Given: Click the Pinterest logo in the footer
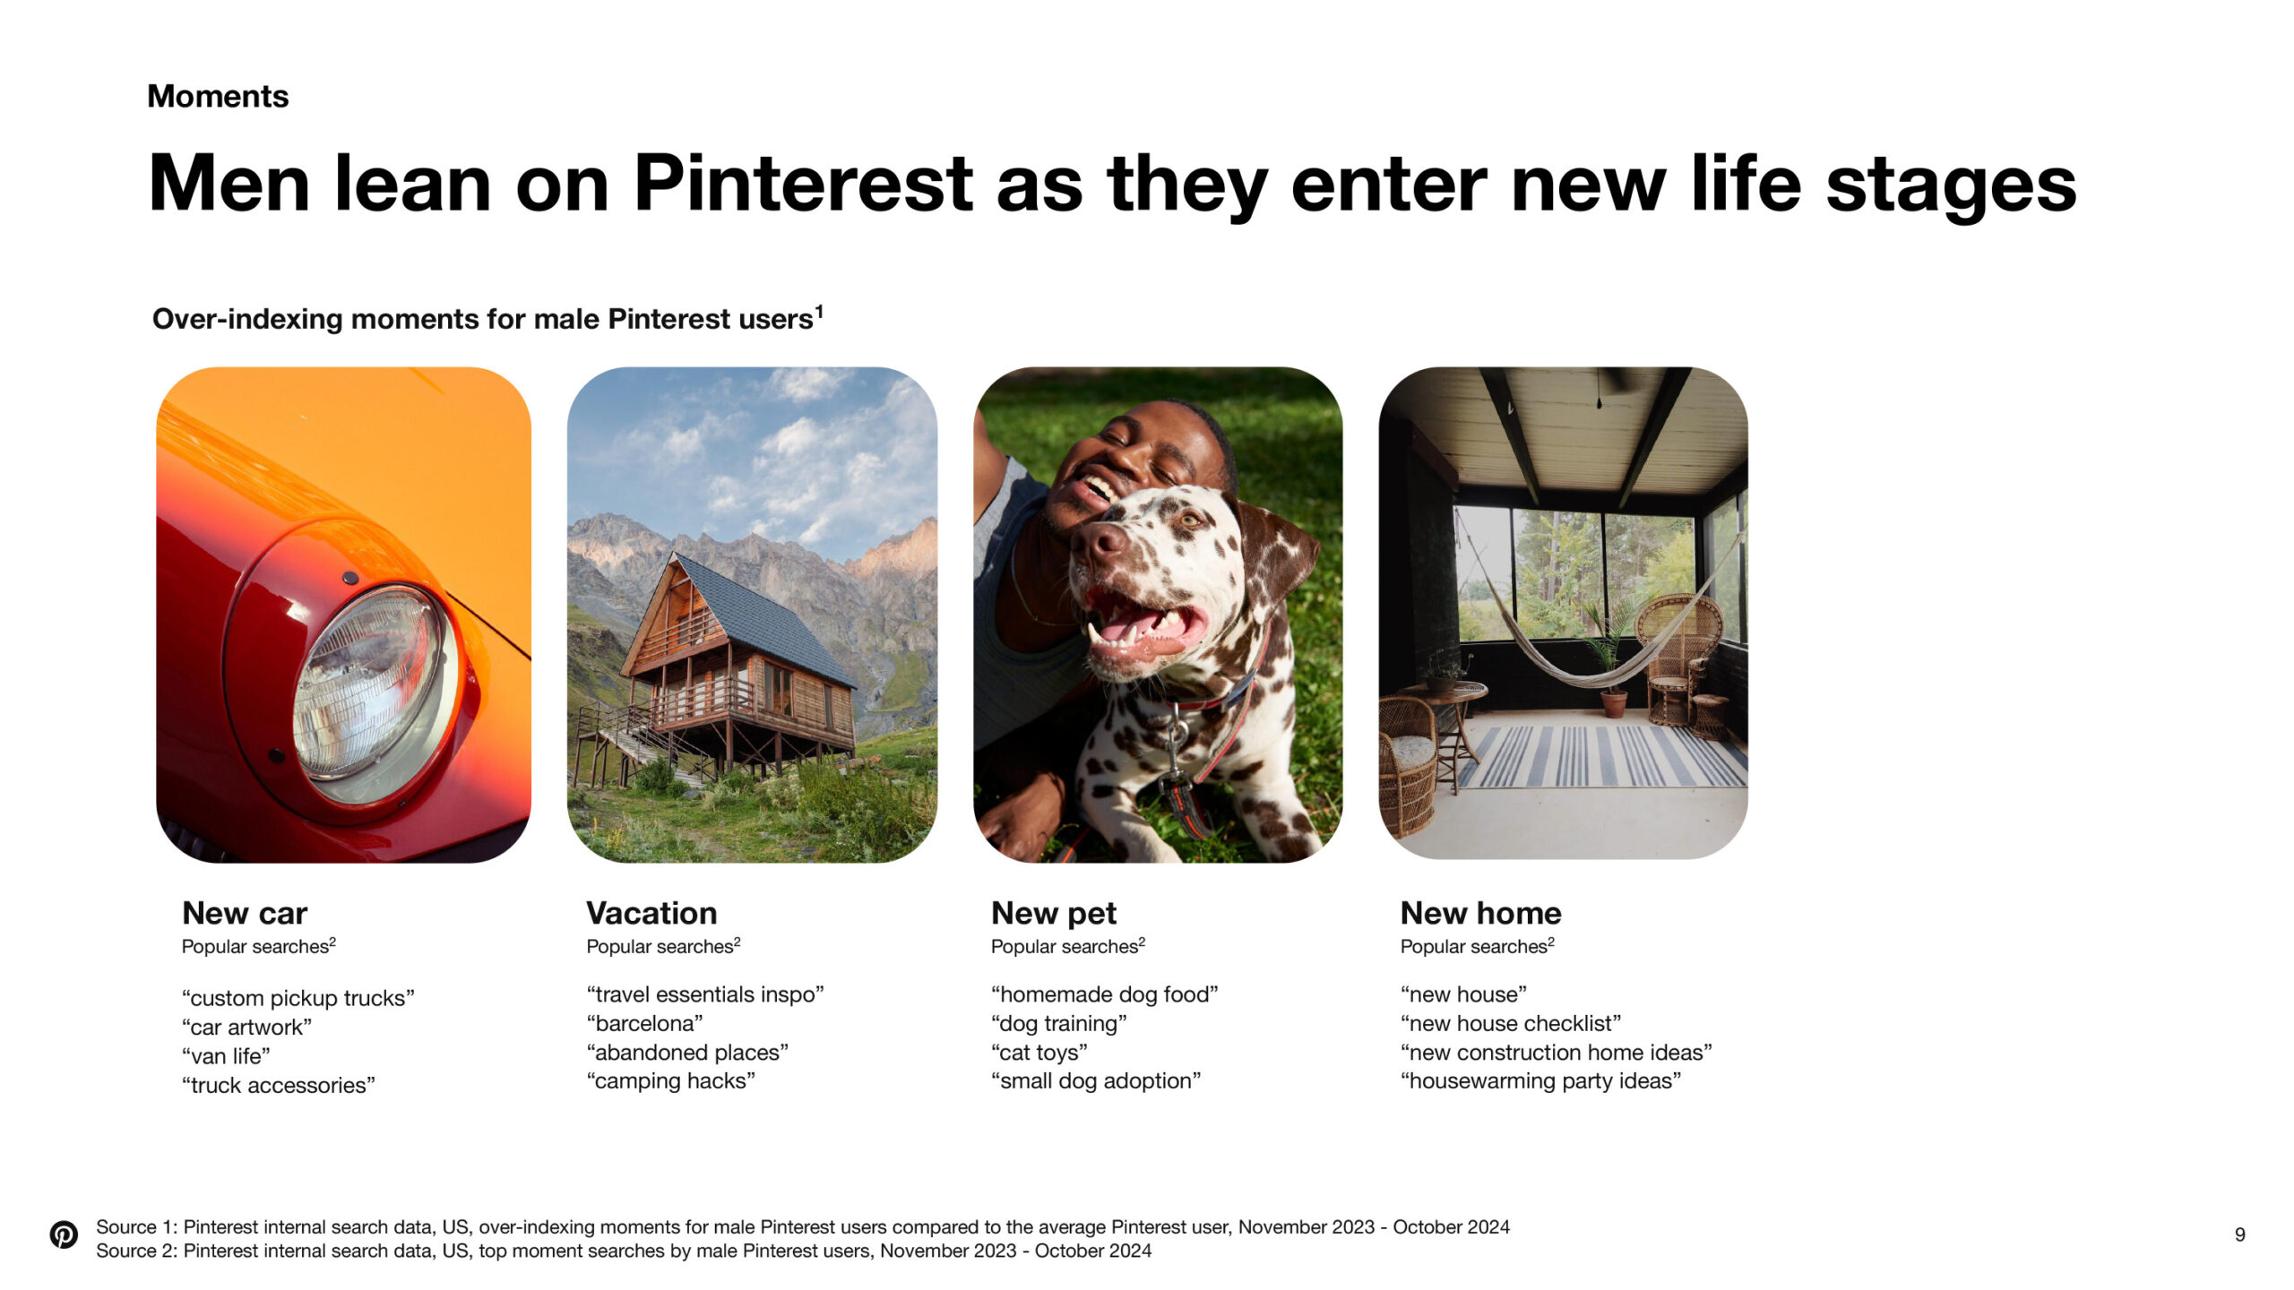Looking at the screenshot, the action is pos(64,1234).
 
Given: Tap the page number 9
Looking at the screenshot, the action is pos(2239,1234).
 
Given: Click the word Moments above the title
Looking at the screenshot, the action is pos(218,96).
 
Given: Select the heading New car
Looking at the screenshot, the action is pos(245,913).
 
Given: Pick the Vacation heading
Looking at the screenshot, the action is pos(651,913).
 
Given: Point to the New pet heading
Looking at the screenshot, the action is pos(1054,914).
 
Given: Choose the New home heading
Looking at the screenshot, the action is pos(1480,913).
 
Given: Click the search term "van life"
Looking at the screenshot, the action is pos(226,1056).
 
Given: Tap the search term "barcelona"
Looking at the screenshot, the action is pos(645,1023).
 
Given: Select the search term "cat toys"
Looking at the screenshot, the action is pos(1039,1053).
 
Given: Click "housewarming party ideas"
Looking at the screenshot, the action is pos(1541,1081).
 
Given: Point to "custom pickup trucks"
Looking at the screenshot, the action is pos(298,999).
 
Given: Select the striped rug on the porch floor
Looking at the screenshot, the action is pos(1602,756).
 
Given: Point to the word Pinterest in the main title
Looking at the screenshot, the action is pos(803,184).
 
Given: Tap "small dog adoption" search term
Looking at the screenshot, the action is pos(1096,1081).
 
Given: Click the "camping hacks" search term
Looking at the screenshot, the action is pos(671,1081).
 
